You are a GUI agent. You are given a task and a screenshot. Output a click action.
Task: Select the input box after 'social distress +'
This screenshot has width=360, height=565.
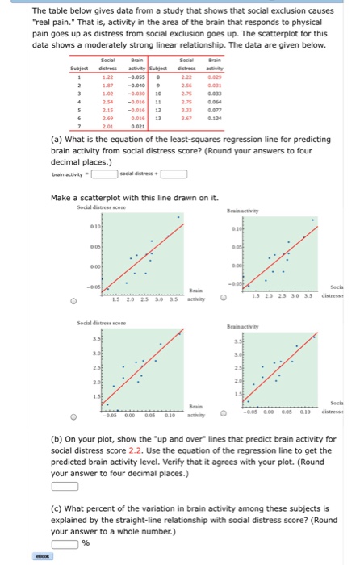175,172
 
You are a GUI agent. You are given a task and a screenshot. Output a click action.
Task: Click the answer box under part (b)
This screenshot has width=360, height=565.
66,486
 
